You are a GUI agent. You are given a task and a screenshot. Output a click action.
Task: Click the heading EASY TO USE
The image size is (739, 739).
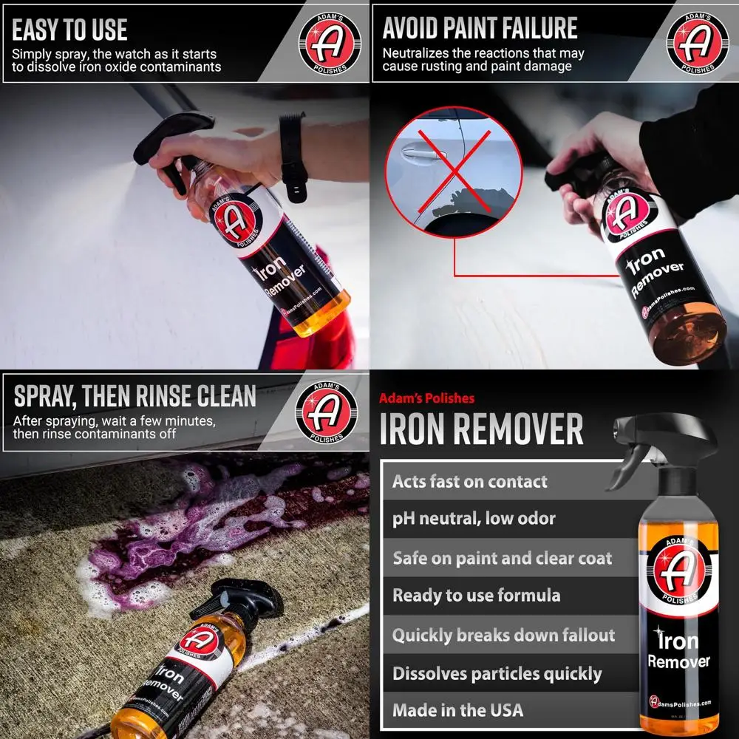[x=70, y=30]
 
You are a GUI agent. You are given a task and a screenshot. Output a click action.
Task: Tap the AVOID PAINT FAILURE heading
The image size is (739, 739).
[x=480, y=29]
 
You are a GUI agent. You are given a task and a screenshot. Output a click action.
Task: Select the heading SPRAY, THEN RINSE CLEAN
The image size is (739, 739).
[x=135, y=396]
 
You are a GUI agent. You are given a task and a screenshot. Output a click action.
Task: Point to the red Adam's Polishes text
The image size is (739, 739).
[x=426, y=398]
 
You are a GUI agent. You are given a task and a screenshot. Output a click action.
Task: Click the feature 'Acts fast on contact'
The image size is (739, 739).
[x=470, y=482]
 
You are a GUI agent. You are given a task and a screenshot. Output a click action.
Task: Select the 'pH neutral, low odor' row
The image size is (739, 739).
[x=474, y=519]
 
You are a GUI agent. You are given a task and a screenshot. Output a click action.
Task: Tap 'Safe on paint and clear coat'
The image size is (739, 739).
[x=502, y=558]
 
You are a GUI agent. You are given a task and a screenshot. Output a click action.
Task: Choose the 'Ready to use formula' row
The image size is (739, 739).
[x=476, y=596]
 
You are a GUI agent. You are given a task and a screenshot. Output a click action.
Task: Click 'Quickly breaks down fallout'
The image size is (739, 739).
[x=503, y=635]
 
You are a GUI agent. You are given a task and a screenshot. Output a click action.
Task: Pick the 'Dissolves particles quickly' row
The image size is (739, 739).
[x=497, y=673]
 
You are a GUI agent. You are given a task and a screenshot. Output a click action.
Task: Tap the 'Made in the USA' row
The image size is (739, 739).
[x=457, y=710]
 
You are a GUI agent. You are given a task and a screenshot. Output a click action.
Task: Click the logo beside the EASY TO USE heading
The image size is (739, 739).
[x=330, y=41]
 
